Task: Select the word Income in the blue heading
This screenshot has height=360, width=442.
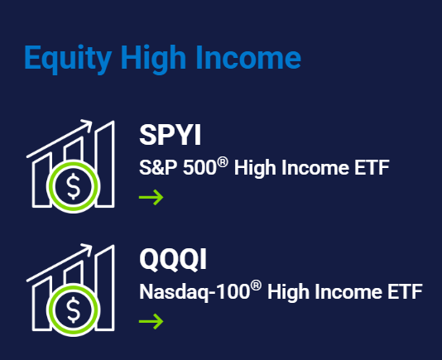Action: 252,59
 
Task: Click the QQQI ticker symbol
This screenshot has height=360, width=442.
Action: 173,260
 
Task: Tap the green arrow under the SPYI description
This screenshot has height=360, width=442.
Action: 151,197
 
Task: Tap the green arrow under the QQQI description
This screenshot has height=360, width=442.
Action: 151,321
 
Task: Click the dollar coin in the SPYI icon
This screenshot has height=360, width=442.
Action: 73,188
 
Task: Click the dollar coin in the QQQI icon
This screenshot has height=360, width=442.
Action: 73,311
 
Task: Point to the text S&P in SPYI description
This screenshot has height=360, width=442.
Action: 155,169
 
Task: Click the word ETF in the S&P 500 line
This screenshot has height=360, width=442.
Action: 371,169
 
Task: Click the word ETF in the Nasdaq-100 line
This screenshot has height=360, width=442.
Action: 405,292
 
